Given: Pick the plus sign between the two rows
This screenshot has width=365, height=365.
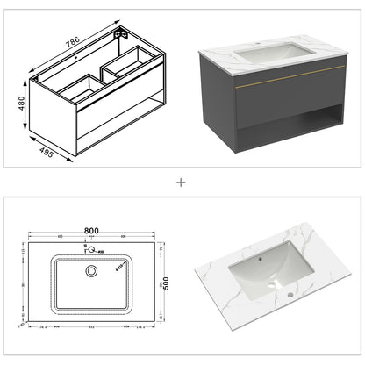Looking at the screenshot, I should (182, 183).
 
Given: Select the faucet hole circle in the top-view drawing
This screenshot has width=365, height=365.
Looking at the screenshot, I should (89, 248).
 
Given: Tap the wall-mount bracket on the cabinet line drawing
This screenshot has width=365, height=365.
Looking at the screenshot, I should (125, 34).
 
